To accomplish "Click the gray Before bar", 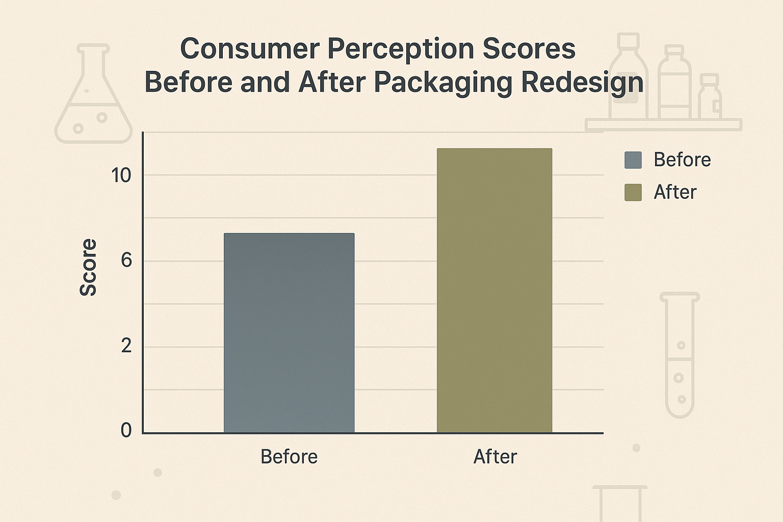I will [x=289, y=333].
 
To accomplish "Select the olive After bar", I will [x=494, y=291].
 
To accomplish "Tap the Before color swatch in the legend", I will [x=633, y=160].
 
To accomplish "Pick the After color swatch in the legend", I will [x=633, y=192].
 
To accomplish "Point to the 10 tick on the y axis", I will [x=121, y=175].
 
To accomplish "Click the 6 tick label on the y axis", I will [x=126, y=260].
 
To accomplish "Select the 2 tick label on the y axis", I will [x=126, y=346].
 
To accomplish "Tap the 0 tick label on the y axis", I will [x=126, y=430].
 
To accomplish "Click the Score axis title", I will [x=88, y=267].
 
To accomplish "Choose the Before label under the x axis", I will [x=289, y=457].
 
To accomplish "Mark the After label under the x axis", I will [x=495, y=457].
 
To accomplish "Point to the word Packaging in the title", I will [x=443, y=83].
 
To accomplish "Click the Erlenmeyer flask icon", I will [x=93, y=97].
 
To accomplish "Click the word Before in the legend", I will [x=682, y=160].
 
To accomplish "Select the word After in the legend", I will [x=675, y=192].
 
